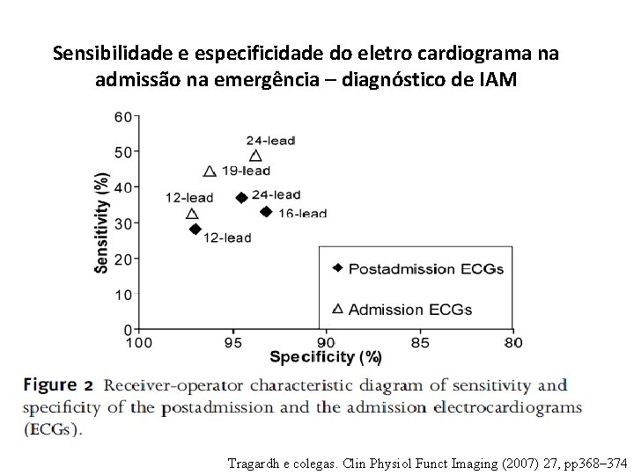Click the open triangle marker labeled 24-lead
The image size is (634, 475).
pos(255,155)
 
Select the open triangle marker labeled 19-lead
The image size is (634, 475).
pos(210,172)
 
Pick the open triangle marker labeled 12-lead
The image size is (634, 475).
pos(193,214)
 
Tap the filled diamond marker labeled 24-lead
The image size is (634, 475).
pos(242,197)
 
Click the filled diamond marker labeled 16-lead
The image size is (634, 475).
pos(266,211)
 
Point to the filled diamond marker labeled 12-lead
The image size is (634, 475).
pos(195,229)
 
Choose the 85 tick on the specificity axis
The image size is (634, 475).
pos(420,341)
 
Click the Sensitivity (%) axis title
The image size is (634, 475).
pos(102,222)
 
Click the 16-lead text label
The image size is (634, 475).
pos(302,213)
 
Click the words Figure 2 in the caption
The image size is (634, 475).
pos(58,385)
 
